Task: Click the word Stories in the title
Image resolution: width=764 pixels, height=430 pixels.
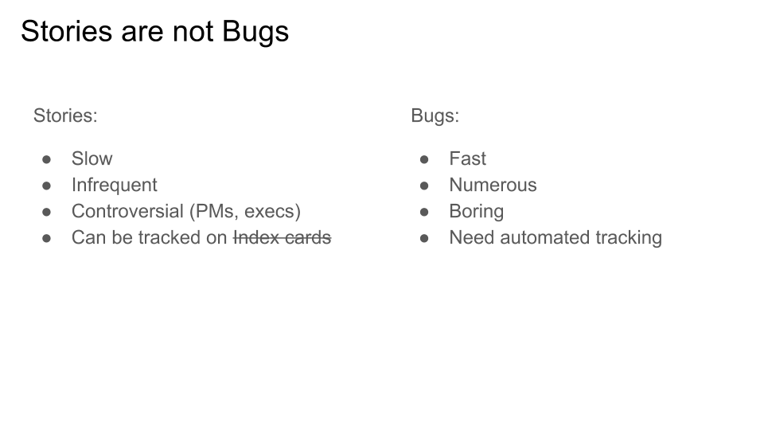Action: tap(67, 31)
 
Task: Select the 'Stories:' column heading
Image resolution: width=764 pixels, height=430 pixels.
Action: tap(65, 116)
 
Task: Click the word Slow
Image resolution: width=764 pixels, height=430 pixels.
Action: tap(92, 159)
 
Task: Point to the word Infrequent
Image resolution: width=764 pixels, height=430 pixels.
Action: tap(115, 186)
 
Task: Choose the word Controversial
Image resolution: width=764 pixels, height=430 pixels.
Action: tap(127, 212)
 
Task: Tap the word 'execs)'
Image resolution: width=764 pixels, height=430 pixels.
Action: tap(272, 212)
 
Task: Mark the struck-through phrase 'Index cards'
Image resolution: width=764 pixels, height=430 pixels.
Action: tap(283, 238)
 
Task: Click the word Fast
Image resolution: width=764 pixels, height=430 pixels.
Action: tap(468, 159)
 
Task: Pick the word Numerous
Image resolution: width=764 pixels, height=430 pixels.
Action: tap(493, 186)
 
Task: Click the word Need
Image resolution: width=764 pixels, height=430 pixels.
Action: tap(472, 238)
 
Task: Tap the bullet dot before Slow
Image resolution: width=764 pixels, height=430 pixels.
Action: tap(47, 159)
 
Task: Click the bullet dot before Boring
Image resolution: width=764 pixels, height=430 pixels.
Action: tap(424, 212)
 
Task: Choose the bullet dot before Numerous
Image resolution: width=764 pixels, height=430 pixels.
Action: tap(424, 186)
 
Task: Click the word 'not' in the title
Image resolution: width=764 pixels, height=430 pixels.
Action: tap(193, 32)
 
